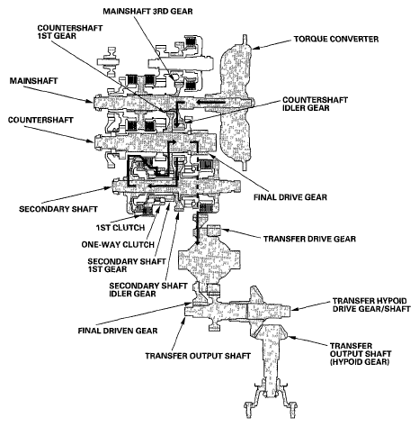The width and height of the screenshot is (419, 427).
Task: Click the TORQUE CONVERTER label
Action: pos(336,39)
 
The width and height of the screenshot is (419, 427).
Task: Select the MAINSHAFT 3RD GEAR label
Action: pos(147,12)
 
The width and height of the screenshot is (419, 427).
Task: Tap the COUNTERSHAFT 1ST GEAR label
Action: pos(70,32)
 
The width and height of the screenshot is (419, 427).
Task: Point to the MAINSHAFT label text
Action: pos(33,81)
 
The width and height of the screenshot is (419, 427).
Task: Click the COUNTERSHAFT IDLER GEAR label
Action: pos(315,104)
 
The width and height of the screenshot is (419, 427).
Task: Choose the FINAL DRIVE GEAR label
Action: pos(290,197)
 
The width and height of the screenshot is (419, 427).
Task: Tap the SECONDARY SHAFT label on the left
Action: pos(58,209)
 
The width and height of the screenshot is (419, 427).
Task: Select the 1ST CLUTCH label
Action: pos(120,228)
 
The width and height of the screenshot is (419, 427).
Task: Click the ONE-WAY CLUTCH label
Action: pos(118,244)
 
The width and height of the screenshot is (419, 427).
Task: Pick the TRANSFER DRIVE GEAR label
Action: pos(309,239)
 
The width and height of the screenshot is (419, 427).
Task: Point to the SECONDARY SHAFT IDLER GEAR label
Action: pos(148,289)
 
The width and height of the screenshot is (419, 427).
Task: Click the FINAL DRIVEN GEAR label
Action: pos(118,331)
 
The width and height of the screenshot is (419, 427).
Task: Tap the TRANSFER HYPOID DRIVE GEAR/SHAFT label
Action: pos(371,304)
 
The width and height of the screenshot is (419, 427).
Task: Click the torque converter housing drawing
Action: pos(236,102)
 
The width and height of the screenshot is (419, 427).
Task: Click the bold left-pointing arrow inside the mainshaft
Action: pos(211,103)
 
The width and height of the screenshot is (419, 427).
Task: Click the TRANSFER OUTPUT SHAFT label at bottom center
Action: pos(198,356)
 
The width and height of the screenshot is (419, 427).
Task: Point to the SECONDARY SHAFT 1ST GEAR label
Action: pos(127,265)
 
